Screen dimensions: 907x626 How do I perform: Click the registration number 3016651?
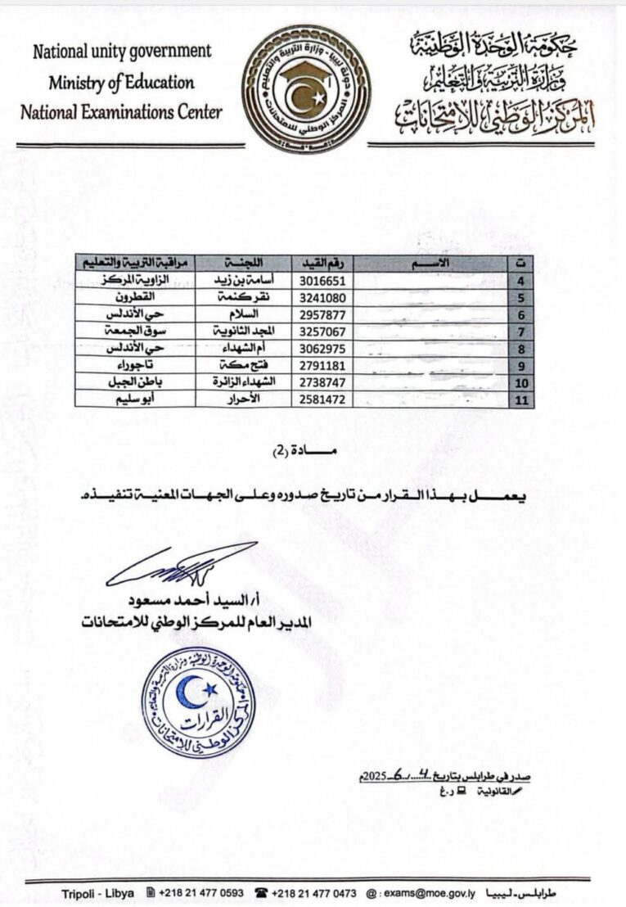(x=323, y=280)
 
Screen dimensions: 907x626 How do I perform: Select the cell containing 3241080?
(x=323, y=297)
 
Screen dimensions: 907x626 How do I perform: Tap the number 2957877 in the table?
(x=323, y=314)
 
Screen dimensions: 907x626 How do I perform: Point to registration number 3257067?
(x=323, y=332)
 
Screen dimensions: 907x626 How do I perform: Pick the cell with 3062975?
(x=323, y=348)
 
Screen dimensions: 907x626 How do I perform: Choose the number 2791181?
(x=323, y=365)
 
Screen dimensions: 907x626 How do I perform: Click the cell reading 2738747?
(x=323, y=382)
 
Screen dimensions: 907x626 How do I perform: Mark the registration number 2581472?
(x=323, y=399)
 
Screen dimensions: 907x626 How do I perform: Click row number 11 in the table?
(x=521, y=399)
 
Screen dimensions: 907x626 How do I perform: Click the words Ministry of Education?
(x=120, y=82)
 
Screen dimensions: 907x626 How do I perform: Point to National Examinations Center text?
(x=121, y=111)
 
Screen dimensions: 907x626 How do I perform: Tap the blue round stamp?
(x=197, y=702)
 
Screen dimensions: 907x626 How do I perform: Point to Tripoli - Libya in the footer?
(x=99, y=892)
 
